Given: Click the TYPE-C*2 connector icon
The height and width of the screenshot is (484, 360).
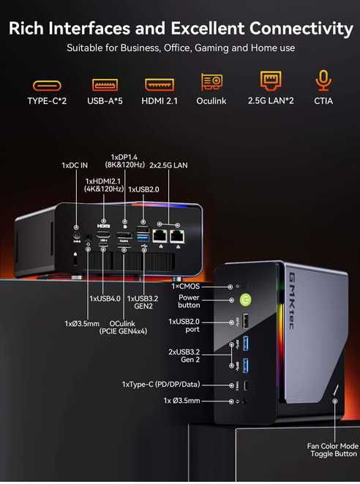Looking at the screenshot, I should [x=47, y=85].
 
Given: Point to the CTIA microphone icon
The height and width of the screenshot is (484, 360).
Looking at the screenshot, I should [x=323, y=82].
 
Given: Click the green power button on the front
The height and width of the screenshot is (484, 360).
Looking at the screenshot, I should [x=247, y=298].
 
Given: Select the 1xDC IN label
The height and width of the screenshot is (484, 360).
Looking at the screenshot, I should [x=74, y=166].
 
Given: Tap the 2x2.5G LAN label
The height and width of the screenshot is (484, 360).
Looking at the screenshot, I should [x=168, y=166].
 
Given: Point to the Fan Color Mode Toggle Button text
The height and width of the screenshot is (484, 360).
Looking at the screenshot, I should [x=333, y=450].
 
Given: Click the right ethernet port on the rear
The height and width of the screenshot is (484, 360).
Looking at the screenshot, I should [x=176, y=235].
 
